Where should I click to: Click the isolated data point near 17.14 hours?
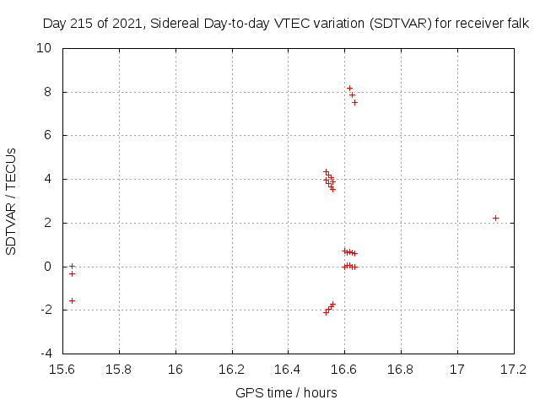click(495, 218)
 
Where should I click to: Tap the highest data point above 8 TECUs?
click(349, 88)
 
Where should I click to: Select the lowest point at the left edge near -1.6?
click(72, 300)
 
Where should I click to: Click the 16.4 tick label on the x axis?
click(288, 369)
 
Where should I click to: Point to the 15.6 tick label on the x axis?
click(63, 369)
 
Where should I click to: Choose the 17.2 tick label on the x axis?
click(513, 369)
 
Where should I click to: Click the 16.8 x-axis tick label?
click(401, 369)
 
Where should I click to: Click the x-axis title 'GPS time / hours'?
click(288, 392)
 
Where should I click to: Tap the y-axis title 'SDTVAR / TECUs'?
click(12, 201)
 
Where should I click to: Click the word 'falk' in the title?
click(517, 24)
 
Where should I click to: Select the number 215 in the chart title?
click(82, 24)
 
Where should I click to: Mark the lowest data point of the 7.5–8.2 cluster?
click(354, 102)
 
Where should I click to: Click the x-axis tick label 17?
click(456, 369)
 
